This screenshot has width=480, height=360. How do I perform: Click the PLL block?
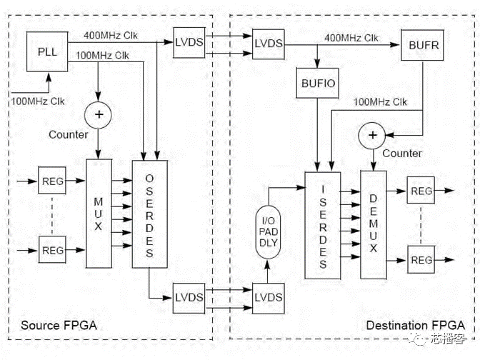pyautogui.click(x=47, y=51)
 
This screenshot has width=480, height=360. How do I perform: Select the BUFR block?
pyautogui.click(x=422, y=45)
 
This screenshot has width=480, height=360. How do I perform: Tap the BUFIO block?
pyautogui.click(x=317, y=83)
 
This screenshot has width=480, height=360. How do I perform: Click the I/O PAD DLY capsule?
pyautogui.click(x=268, y=232)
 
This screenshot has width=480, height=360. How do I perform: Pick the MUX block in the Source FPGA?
pyautogui.click(x=99, y=214)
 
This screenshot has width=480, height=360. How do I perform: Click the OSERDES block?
pyautogui.click(x=150, y=214)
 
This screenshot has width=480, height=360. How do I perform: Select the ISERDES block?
pyautogui.click(x=323, y=225)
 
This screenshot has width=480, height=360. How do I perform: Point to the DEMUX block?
pyautogui.click(x=374, y=225)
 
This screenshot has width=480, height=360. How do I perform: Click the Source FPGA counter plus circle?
pyautogui.click(x=99, y=115)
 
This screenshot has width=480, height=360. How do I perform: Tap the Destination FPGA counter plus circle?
pyautogui.click(x=372, y=135)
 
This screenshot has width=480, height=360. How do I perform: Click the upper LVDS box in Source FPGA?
pyautogui.click(x=189, y=43)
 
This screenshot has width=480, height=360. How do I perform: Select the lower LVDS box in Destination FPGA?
pyautogui.click(x=269, y=298)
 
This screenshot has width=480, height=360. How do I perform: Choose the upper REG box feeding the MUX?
pyautogui.click(x=52, y=181)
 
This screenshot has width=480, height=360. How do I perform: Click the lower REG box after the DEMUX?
pyautogui.click(x=421, y=259)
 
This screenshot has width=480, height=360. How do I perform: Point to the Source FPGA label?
pyautogui.click(x=59, y=325)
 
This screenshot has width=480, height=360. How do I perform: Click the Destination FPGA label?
pyautogui.click(x=416, y=325)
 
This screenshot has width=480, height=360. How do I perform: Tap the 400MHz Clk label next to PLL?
pyautogui.click(x=111, y=36)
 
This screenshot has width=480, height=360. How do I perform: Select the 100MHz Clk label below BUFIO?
pyautogui.click(x=380, y=102)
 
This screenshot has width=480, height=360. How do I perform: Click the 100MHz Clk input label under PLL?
pyautogui.click(x=38, y=101)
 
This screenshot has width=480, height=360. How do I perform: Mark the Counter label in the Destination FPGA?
pyautogui.click(x=402, y=153)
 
